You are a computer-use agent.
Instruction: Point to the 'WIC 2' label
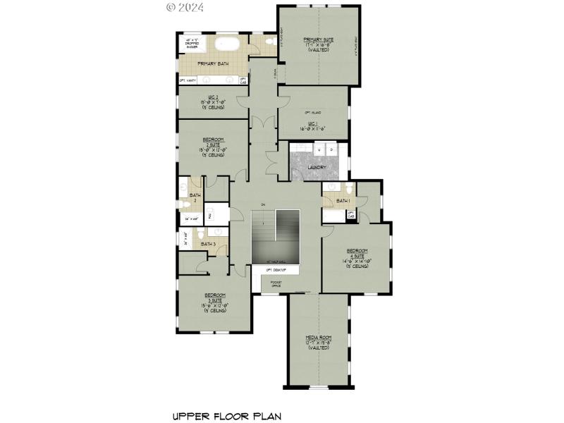(211, 101)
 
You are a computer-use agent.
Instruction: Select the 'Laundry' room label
(317, 167)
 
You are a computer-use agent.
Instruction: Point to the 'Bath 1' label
(343, 201)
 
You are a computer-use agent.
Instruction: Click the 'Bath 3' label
(208, 244)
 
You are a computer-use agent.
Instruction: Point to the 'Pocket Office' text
(276, 283)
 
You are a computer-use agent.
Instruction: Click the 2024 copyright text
(185, 8)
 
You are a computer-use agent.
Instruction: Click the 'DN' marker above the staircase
(262, 205)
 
